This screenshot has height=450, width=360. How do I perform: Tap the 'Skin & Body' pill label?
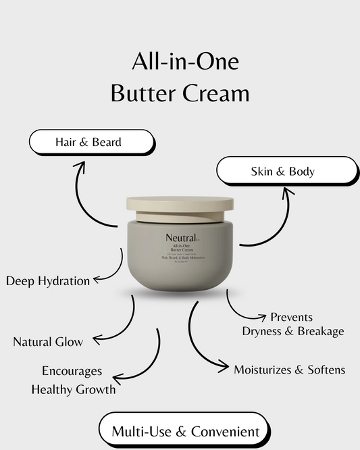coord(286,171)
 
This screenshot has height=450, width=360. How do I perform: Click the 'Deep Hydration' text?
coord(47,280)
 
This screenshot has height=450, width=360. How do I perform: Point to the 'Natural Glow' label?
coord(48,342)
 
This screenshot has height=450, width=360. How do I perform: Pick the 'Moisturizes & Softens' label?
coord(289,370)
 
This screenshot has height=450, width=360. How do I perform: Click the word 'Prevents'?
coord(291,317)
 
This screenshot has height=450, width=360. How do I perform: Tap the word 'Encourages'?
coord(72,371)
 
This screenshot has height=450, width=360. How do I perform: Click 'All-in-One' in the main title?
coord(184,63)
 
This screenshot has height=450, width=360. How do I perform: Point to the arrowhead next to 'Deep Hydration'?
coord(97,278)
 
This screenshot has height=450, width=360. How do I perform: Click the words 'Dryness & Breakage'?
coord(293,331)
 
